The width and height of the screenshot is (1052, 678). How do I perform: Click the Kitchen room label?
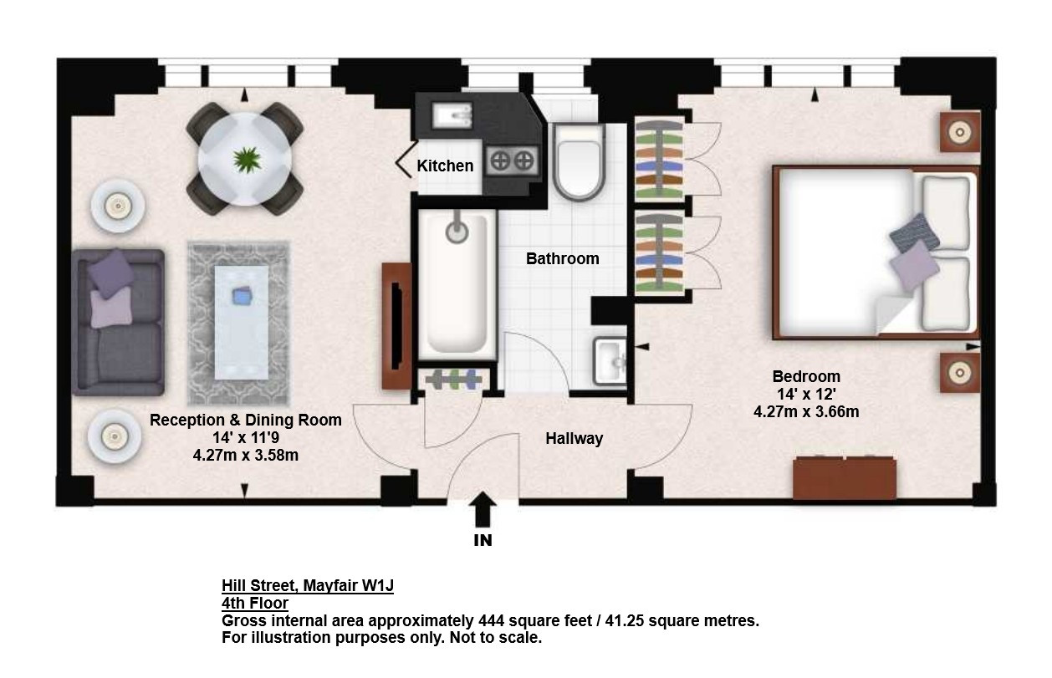click(445, 166)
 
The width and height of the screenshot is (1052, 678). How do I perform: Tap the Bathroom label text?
click(562, 258)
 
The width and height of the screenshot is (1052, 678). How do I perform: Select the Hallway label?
click(574, 439)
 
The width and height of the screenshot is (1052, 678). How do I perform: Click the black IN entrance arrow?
click(483, 509)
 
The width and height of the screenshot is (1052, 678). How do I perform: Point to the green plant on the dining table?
click(247, 159)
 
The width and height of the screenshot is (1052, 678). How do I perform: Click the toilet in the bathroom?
click(578, 161)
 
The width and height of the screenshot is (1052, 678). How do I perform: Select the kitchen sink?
click(452, 115)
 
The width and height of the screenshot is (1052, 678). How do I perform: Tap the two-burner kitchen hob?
click(512, 161)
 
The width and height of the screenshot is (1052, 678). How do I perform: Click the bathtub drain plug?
click(457, 232)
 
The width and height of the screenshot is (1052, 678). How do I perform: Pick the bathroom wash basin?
click(610, 360)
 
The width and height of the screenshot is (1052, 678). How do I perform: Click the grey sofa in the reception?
click(119, 322)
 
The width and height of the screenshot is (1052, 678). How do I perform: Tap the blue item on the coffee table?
click(243, 296)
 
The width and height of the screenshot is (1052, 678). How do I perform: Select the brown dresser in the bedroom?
click(845, 478)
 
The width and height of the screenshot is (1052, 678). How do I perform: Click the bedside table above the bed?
click(959, 132)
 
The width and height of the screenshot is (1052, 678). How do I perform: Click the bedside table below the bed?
click(959, 373)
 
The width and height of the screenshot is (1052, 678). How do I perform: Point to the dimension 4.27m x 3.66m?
click(806, 412)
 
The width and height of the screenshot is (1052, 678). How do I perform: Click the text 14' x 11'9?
click(246, 437)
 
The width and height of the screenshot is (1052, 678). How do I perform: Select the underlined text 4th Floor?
click(254, 603)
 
